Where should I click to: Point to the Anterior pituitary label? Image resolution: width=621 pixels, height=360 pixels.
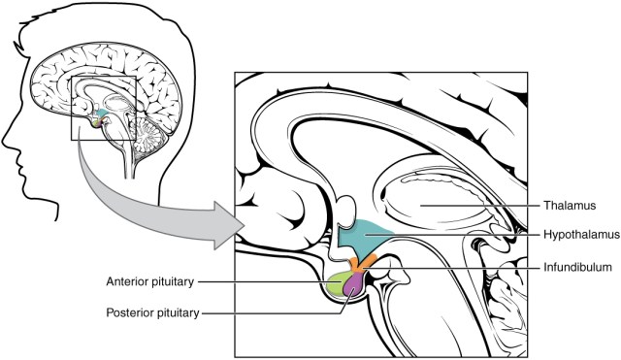coord(155,282)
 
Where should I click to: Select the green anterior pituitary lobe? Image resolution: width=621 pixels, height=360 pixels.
coord(338,285)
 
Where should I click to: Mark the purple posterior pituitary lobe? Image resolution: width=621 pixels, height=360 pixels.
coord(355,284)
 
